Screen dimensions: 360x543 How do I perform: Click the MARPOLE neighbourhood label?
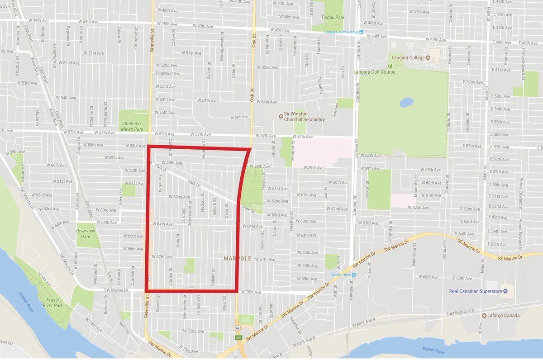pyautogui.click(x=237, y=258)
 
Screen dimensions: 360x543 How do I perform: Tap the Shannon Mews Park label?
pyautogui.click(x=132, y=126)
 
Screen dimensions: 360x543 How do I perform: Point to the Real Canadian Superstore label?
pyautogui.click(x=475, y=291)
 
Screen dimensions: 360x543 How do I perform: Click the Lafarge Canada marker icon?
pyautogui.click(x=484, y=316)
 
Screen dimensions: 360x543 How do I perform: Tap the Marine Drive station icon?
pyautogui.click(x=354, y=275)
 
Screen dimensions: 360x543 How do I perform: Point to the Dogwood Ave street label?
pyautogui.click(x=168, y=74)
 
